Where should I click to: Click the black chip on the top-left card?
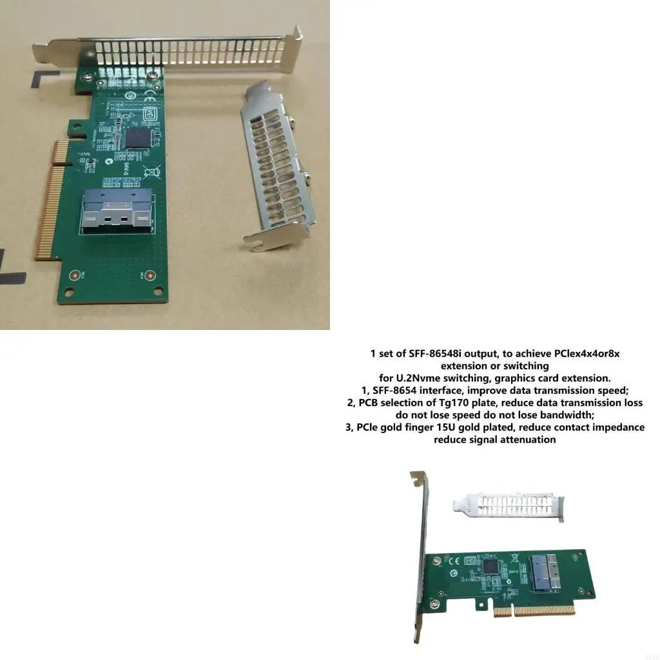(x=137, y=137)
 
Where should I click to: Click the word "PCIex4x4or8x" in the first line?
(x=587, y=353)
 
